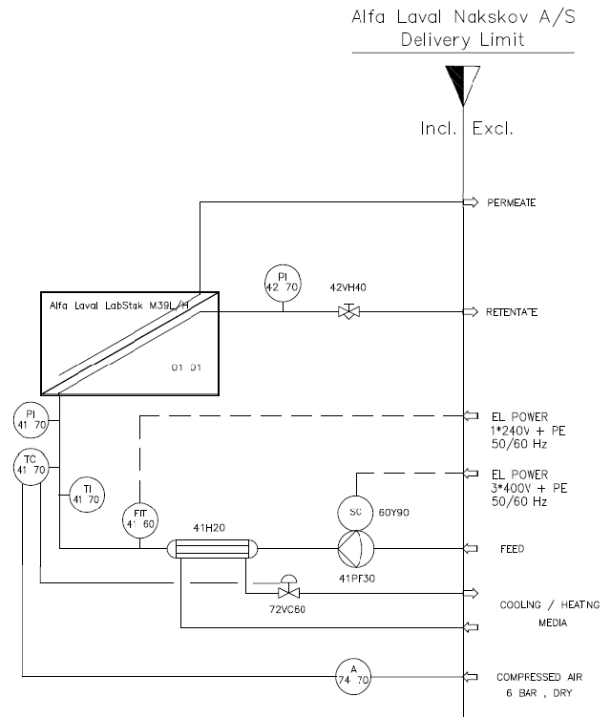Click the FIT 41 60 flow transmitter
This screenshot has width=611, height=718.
coord(140,518)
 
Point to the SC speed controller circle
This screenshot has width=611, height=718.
coord(355,513)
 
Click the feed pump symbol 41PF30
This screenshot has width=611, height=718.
coord(355,549)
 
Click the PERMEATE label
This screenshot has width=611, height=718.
coord(512,202)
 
